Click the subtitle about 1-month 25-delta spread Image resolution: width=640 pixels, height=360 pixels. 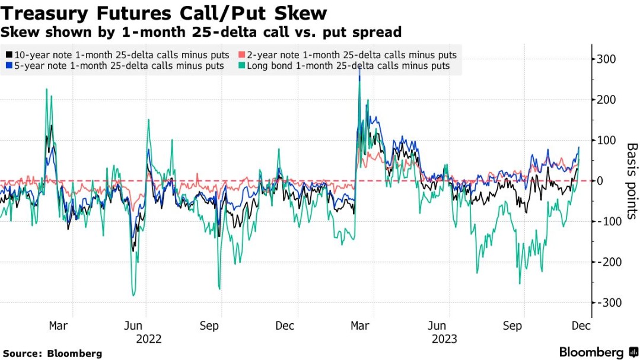(202, 32)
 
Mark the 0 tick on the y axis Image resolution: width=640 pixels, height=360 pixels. (600, 181)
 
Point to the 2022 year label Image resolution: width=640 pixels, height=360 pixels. (148, 339)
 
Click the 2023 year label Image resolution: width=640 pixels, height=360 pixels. (444, 339)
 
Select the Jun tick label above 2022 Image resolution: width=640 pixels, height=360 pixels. (134, 326)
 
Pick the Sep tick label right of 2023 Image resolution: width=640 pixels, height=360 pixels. (513, 326)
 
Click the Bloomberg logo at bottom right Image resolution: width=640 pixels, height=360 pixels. (598, 352)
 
